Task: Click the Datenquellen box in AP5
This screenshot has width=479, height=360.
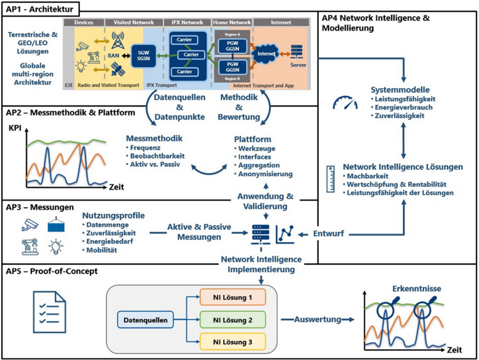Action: click(x=145, y=319)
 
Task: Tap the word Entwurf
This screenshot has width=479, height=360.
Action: click(x=330, y=235)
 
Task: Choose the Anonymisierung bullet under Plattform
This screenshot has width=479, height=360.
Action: click(x=267, y=174)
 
